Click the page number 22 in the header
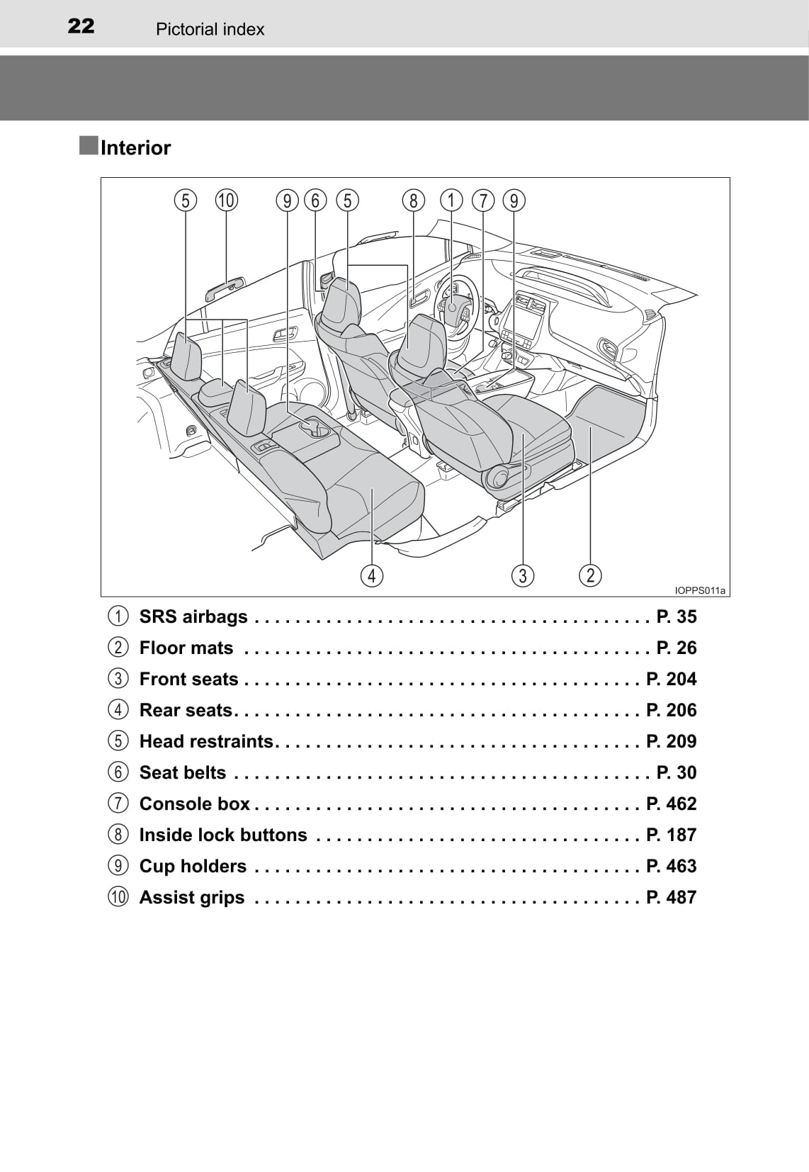click(x=81, y=27)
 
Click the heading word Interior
click(x=135, y=148)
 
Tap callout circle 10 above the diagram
click(x=226, y=201)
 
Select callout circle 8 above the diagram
click(x=413, y=201)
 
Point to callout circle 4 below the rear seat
click(x=371, y=575)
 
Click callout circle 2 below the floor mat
click(x=590, y=575)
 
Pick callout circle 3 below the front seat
click(x=523, y=575)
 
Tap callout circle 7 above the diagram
click(x=483, y=201)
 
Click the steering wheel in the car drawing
click(x=453, y=301)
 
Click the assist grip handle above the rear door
click(x=225, y=289)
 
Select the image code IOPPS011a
click(x=700, y=590)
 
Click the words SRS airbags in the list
click(x=193, y=616)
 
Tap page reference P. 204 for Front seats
click(x=671, y=679)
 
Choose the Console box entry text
click(x=194, y=804)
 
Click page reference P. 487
click(x=671, y=897)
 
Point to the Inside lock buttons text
click(x=223, y=835)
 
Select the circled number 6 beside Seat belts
click(x=118, y=772)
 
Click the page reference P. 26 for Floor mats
click(x=676, y=648)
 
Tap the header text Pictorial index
click(x=210, y=29)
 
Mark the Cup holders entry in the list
click(x=193, y=866)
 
